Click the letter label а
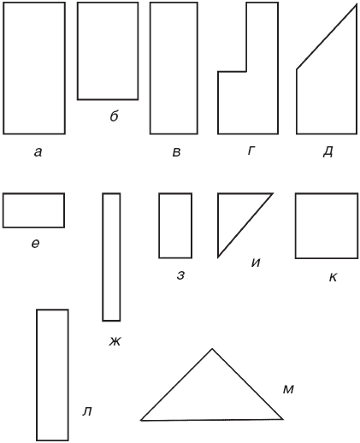coord(38,152)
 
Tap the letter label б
coord(114,116)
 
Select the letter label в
coord(176,152)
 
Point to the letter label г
coord(251,151)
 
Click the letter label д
coord(328,152)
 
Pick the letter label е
coord(35,244)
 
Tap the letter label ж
coord(115,341)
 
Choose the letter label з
coord(180,275)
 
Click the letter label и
coord(256,263)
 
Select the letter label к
coord(333,277)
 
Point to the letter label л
coord(87,411)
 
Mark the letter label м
coord(288,389)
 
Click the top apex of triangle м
coord(212,349)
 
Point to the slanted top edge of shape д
coord(327,37)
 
